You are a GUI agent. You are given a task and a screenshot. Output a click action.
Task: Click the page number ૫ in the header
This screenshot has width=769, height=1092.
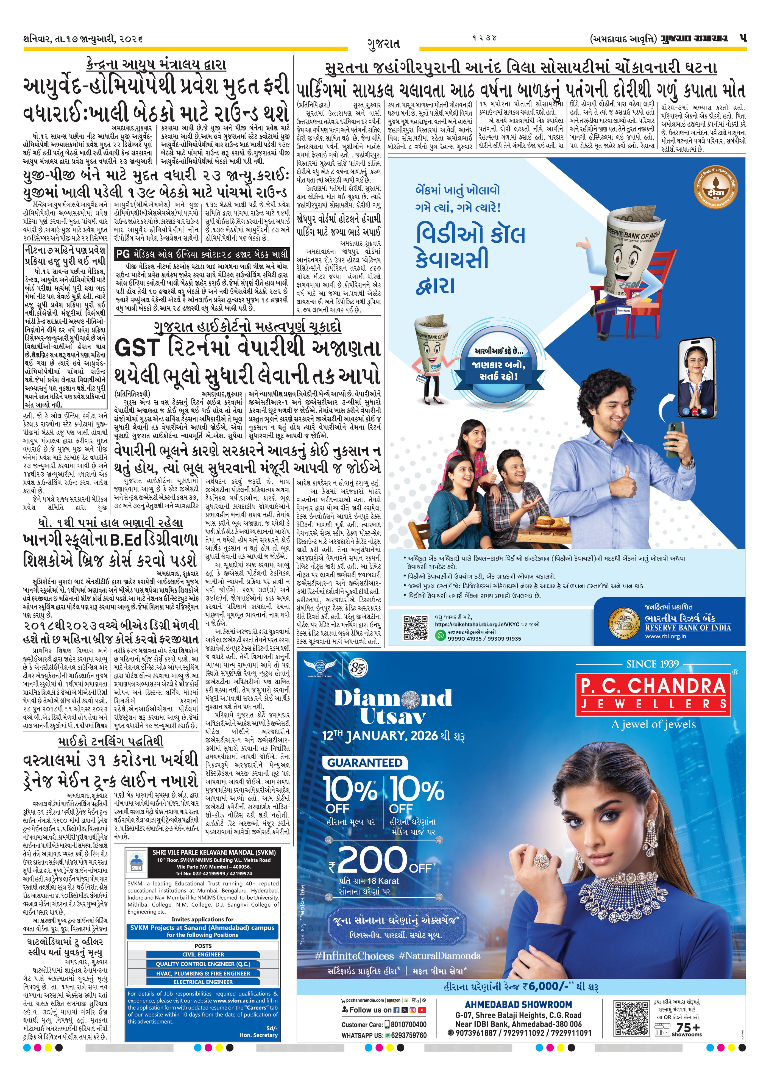coord(742,38)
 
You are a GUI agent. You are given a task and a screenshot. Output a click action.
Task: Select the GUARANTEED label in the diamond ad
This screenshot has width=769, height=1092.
coord(364,763)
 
